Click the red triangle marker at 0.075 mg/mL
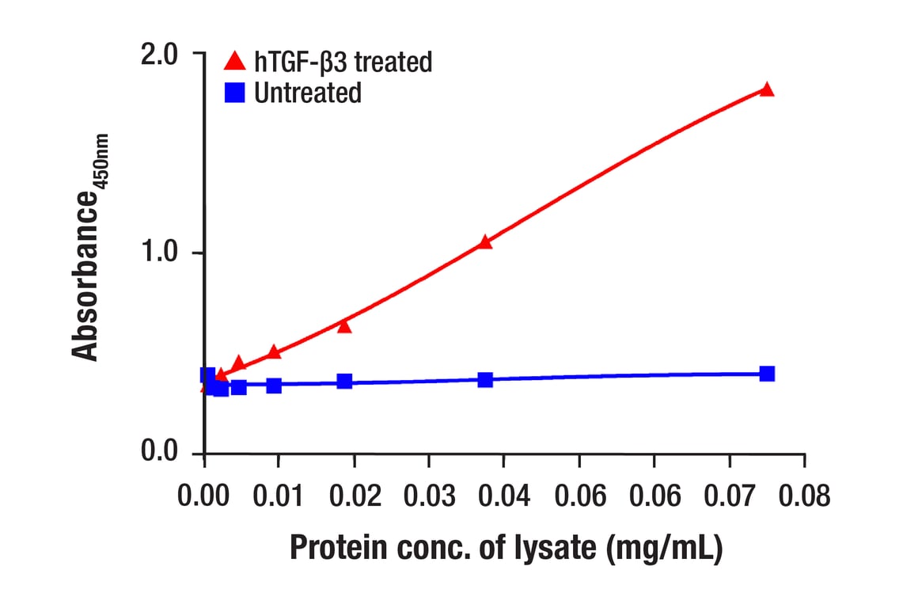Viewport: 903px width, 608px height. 766,89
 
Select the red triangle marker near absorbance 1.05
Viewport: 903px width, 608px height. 485,242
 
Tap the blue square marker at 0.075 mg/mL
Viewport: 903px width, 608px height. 767,374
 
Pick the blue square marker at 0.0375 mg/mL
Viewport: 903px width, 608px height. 485,380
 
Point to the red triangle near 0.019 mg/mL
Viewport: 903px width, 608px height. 344,325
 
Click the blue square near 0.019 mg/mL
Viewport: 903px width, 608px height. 344,381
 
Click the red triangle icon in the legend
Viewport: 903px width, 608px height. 234,61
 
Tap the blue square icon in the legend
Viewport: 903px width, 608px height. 234,93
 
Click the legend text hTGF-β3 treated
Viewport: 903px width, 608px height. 343,61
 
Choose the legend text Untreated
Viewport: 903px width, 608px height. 308,93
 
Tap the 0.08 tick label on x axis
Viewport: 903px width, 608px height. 804,496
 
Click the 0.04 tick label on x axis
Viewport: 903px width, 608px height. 505,496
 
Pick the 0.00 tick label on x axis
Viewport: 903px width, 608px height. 205,496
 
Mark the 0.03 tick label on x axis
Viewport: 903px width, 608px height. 430,496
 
